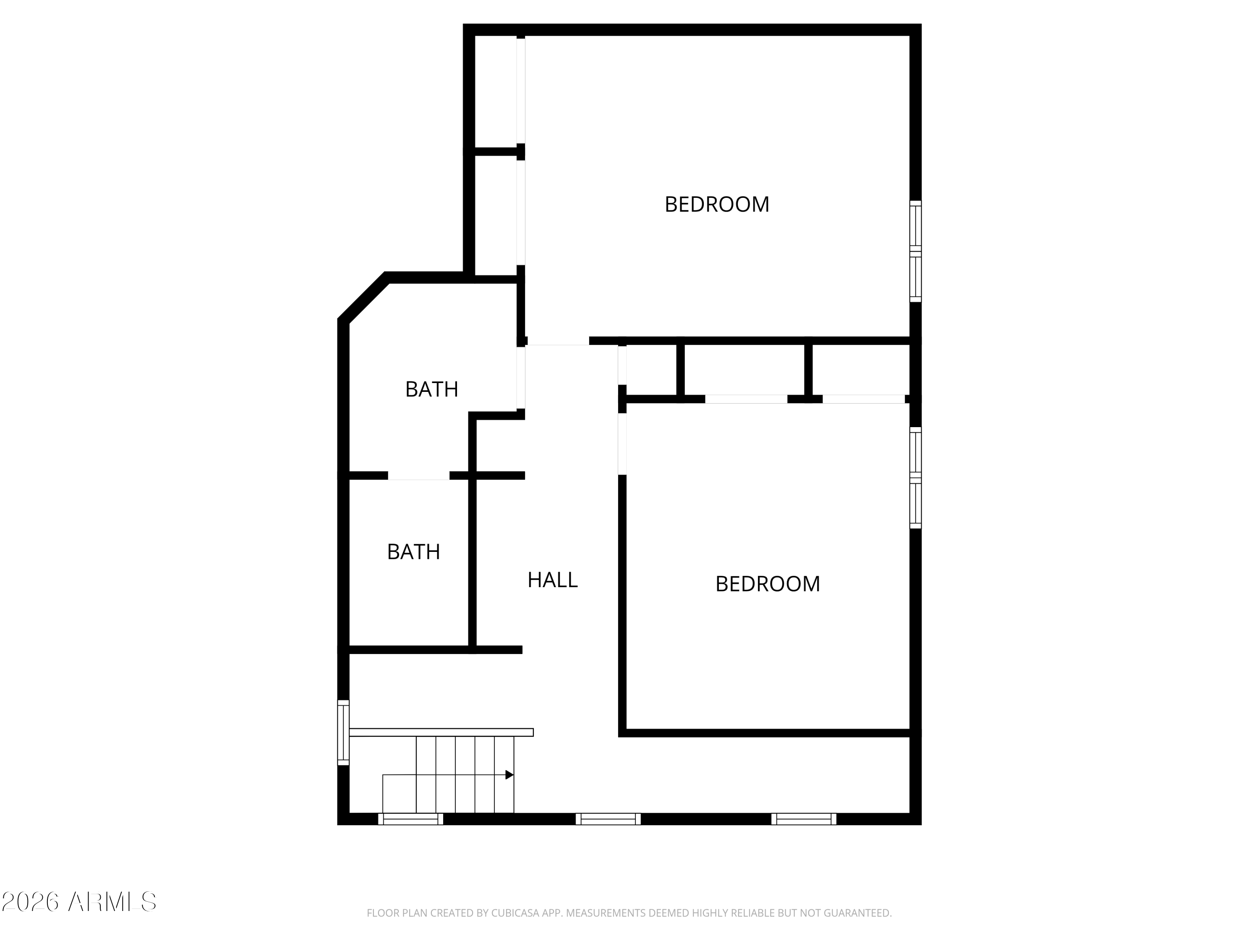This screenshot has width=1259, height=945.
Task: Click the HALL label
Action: click(552, 580)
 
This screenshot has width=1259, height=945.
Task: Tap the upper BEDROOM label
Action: click(717, 205)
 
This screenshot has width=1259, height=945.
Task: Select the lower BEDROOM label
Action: click(767, 584)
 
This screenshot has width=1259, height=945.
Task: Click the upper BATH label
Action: click(431, 389)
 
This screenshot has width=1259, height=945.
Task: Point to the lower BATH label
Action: click(413, 551)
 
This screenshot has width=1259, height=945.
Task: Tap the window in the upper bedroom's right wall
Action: click(915, 251)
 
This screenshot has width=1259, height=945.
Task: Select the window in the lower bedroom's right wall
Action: click(915, 478)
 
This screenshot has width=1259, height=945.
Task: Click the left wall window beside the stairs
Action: click(343, 732)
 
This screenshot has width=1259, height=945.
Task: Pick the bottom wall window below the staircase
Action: click(410, 819)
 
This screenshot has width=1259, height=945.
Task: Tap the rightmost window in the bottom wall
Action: click(804, 819)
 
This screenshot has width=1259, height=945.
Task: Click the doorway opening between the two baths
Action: click(418, 475)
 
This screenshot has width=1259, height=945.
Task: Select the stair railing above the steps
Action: click(441, 732)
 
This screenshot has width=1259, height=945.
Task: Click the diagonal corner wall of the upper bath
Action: click(363, 297)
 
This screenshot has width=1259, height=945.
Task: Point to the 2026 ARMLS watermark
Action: click(79, 902)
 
